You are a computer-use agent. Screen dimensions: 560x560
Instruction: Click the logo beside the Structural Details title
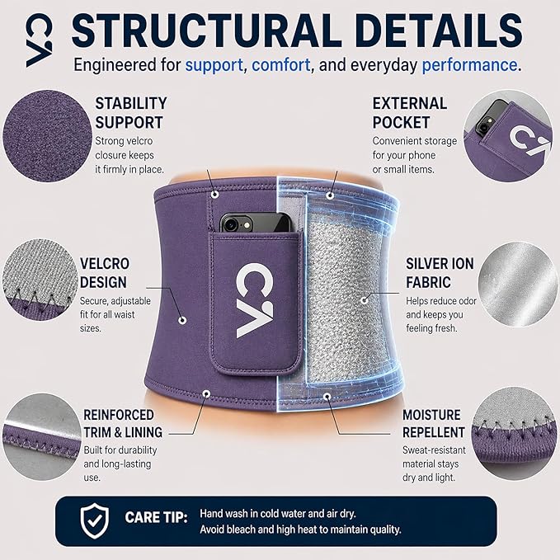tap(40, 40)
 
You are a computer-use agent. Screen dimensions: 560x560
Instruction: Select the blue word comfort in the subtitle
tap(280, 65)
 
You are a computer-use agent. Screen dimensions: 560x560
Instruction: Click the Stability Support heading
tap(131, 113)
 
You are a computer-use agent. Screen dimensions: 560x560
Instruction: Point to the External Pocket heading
tap(410, 113)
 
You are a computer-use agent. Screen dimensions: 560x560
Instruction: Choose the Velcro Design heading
tap(105, 273)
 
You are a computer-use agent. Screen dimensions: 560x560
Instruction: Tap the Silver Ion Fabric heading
tap(440, 273)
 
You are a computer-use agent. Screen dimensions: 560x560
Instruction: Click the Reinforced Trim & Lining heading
tap(123, 424)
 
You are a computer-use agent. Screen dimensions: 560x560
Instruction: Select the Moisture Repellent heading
tap(434, 424)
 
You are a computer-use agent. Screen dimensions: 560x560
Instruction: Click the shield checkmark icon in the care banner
tap(95, 520)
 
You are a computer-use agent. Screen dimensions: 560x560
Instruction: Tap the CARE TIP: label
tap(156, 518)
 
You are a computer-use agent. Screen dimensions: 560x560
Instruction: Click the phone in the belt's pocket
tap(256, 223)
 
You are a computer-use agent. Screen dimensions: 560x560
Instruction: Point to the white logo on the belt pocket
tap(254, 300)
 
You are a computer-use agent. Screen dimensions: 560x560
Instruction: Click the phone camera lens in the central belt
tap(230, 224)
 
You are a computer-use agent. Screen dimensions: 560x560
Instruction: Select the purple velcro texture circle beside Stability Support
tap(47, 136)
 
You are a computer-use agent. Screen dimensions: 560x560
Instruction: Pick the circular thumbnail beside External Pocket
tap(508, 136)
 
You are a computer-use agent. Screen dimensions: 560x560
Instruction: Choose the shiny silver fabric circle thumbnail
tap(517, 284)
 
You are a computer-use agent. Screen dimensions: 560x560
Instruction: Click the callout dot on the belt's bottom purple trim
tap(206, 393)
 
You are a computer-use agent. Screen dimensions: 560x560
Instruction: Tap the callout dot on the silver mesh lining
tap(364, 300)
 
